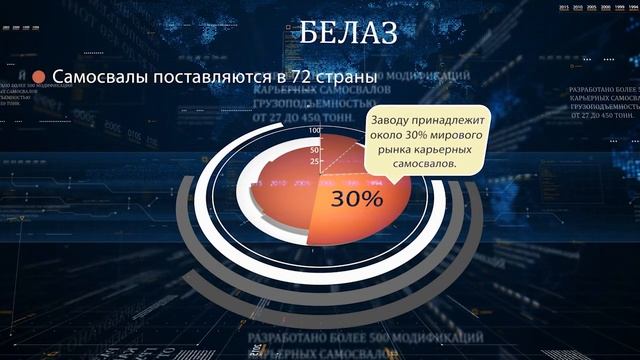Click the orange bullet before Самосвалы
[x=39, y=77]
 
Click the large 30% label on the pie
[x=357, y=198]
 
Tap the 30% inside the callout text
[x=427, y=134]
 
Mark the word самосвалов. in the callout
[x=424, y=164]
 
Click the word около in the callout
[x=391, y=134]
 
